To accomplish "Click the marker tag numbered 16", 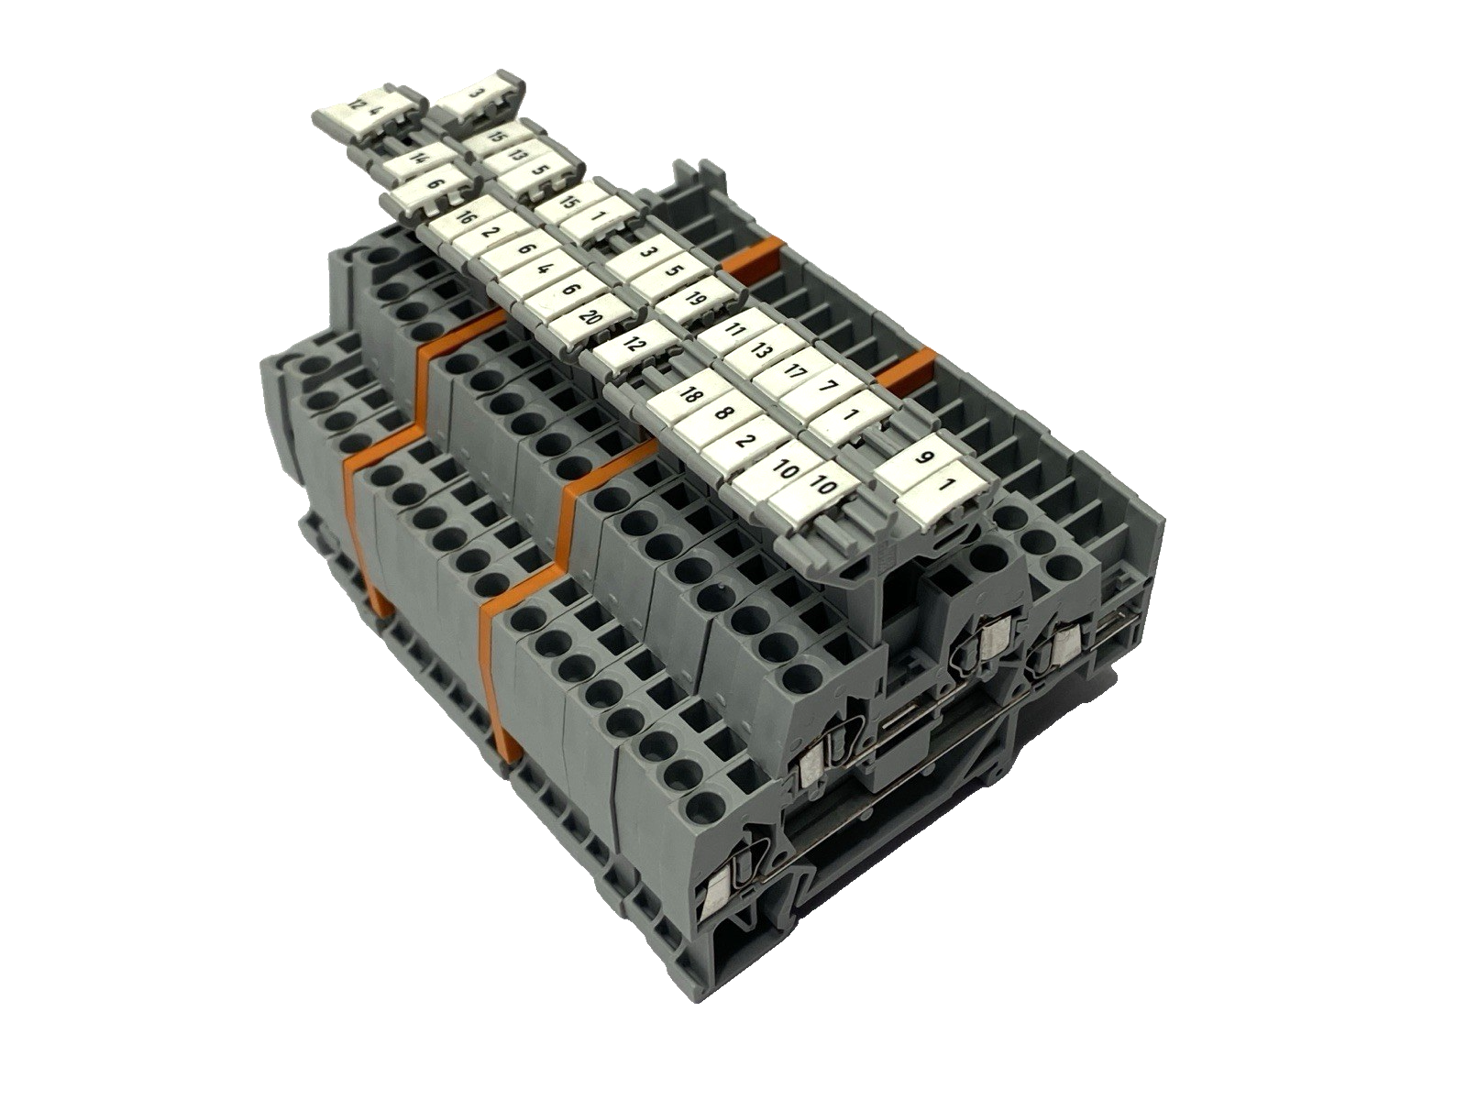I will [464, 218].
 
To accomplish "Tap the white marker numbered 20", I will [590, 319].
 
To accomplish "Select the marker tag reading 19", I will [694, 298].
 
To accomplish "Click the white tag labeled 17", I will [794, 371].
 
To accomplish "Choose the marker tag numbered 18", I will [692, 396].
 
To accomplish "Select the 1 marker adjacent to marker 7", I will [850, 414].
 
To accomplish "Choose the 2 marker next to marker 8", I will [745, 440].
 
